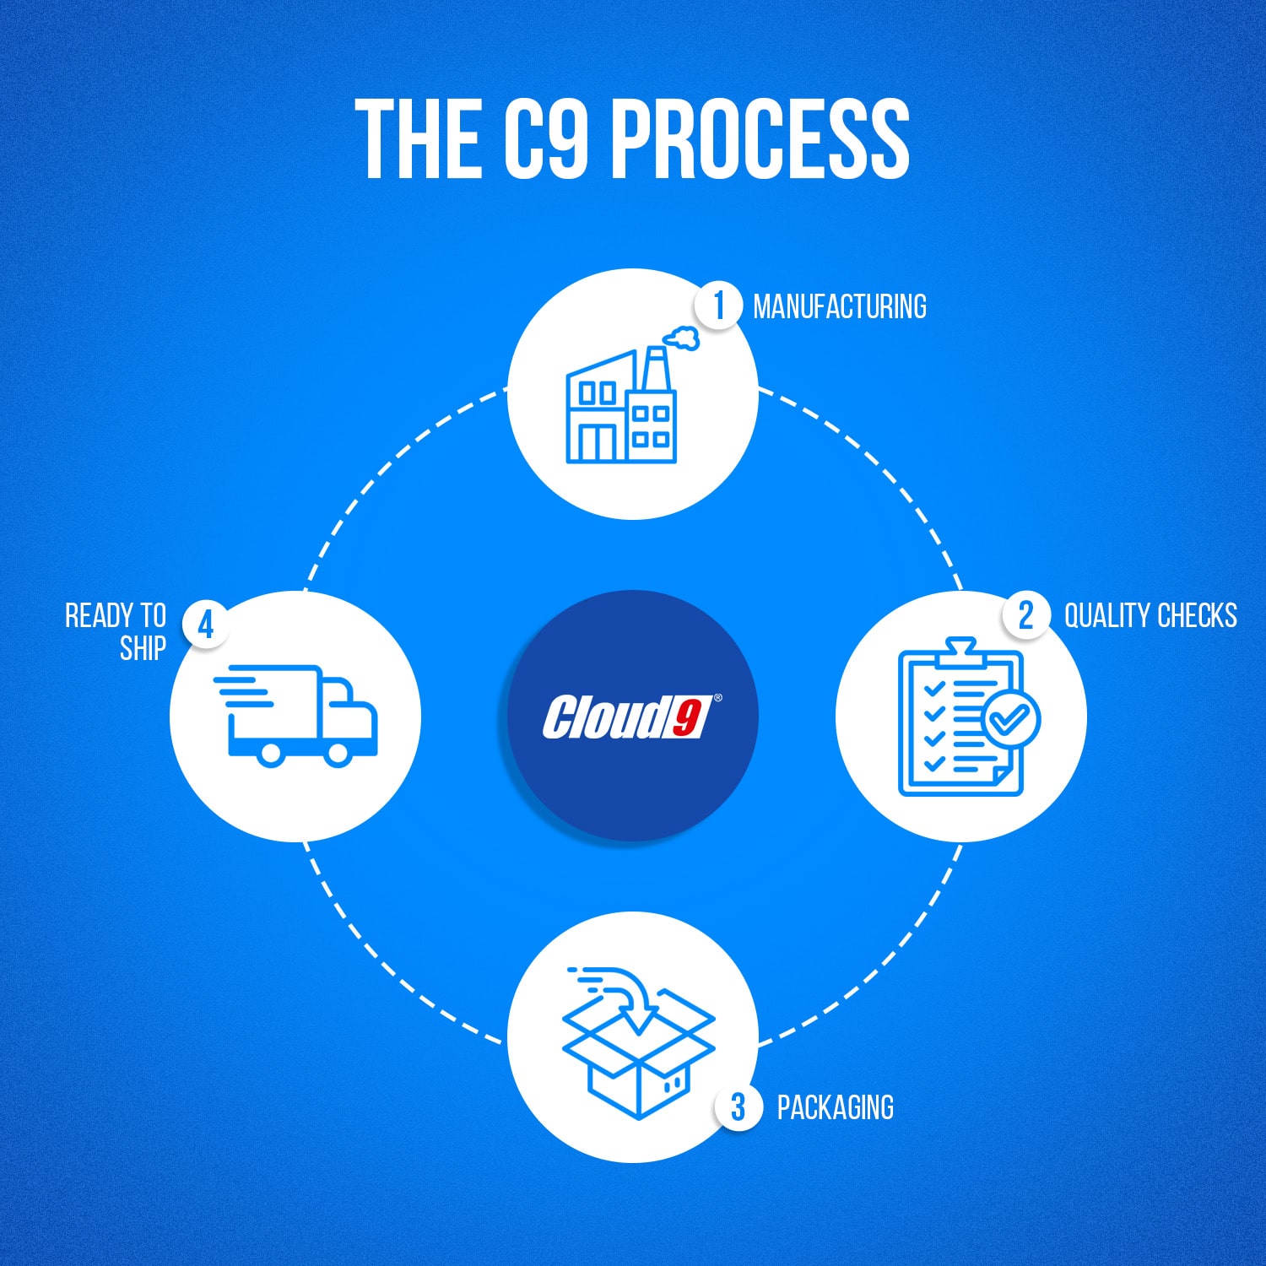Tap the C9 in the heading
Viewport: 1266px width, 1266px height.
click(544, 138)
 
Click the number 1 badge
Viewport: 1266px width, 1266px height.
click(718, 306)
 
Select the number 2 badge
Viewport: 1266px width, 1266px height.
click(1025, 615)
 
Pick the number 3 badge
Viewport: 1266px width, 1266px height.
click(738, 1106)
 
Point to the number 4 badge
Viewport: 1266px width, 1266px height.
click(205, 625)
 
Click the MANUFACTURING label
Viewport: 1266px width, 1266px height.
click(839, 306)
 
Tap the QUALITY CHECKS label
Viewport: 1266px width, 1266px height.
click(1150, 615)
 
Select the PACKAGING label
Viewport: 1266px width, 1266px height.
click(835, 1107)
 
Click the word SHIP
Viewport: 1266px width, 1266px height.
click(143, 648)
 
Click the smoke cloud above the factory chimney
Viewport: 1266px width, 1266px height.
click(682, 338)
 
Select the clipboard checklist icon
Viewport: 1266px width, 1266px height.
click(962, 717)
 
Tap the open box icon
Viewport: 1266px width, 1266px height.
click(639, 1055)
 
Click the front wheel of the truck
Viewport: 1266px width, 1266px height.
click(338, 752)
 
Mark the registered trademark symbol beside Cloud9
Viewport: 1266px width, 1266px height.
click(718, 698)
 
